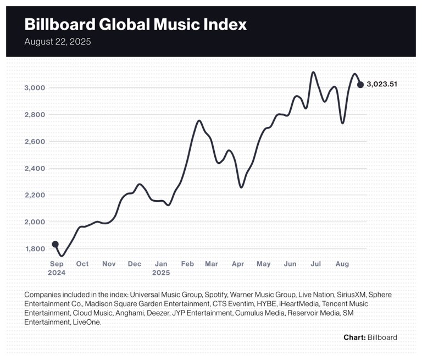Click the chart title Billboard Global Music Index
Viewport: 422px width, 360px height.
tap(135, 25)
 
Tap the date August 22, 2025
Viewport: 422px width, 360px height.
tap(58, 42)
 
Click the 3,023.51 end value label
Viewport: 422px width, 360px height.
tap(382, 85)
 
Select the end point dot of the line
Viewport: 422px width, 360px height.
tap(360, 85)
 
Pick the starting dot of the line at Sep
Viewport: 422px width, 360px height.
tap(55, 244)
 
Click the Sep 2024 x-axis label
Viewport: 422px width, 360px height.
tap(57, 268)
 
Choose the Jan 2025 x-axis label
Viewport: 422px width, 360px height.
tap(162, 268)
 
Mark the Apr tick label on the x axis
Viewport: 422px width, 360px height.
tap(238, 264)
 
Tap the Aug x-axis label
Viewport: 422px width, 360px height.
tap(342, 264)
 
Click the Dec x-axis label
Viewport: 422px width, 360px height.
tap(135, 264)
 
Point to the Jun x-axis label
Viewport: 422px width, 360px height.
tap(290, 264)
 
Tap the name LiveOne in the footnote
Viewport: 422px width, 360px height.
tap(87, 322)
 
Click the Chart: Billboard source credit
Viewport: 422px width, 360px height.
tap(370, 337)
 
